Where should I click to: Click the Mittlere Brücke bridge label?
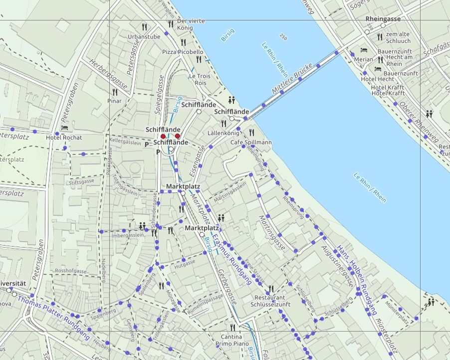click(292, 79)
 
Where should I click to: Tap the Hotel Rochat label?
click(63, 137)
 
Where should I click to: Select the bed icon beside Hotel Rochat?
click(64, 128)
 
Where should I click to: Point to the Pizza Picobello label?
click(183, 52)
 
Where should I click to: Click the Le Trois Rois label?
click(198, 79)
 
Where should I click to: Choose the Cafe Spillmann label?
click(251, 142)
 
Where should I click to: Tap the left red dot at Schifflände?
click(163, 136)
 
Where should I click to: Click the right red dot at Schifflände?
click(178, 136)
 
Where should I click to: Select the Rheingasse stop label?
click(383, 18)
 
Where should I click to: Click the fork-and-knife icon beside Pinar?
click(115, 92)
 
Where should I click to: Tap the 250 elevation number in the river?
click(283, 37)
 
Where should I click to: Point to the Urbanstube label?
click(144, 36)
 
